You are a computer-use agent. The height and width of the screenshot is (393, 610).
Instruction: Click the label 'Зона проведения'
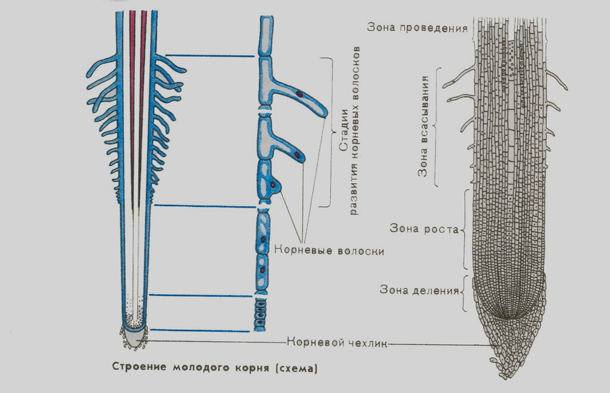(417, 27)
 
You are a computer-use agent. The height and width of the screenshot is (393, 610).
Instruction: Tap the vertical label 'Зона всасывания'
(423, 126)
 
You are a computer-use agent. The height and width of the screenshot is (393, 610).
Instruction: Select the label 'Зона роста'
(424, 228)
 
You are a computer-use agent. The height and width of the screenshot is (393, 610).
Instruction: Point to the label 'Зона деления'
(419, 290)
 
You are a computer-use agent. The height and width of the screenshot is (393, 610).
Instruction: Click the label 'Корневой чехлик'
(337, 343)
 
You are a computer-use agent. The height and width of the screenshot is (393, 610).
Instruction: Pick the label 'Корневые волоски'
(329, 251)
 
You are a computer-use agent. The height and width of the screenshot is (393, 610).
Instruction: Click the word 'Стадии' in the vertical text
(343, 131)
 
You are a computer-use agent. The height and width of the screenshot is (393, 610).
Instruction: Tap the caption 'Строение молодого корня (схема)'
(215, 367)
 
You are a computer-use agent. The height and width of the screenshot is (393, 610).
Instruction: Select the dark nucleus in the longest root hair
(299, 94)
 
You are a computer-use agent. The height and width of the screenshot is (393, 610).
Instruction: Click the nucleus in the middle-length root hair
(298, 155)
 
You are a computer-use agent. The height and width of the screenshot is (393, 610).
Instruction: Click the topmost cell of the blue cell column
(266, 35)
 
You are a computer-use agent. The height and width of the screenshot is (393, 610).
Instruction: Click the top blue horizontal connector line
(210, 56)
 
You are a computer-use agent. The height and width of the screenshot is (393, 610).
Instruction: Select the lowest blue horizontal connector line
(200, 330)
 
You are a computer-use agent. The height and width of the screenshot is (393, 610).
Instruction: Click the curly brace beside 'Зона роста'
(464, 229)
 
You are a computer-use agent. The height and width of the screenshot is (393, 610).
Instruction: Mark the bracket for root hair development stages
(331, 132)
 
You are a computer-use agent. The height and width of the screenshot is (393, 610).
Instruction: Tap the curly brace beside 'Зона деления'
(463, 292)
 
